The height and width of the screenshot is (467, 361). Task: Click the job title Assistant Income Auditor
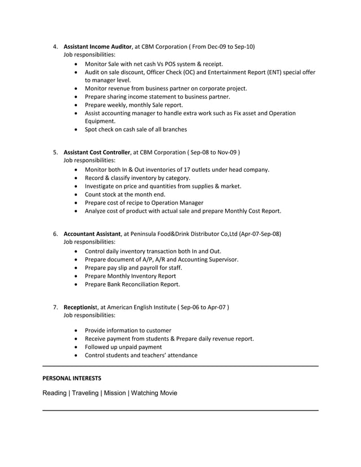click(x=97, y=46)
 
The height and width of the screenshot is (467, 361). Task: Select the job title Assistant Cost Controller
click(x=97, y=152)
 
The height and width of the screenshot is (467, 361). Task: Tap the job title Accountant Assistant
click(x=92, y=234)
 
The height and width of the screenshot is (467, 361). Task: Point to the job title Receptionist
click(x=81, y=307)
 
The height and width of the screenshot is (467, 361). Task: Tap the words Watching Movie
click(x=154, y=392)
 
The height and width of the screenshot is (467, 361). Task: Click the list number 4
click(x=55, y=46)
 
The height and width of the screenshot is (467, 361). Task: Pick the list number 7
click(x=55, y=307)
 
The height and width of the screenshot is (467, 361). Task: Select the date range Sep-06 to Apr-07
click(x=203, y=307)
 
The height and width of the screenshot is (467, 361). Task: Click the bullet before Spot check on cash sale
click(x=76, y=129)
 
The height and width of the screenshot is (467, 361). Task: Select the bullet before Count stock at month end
click(x=76, y=194)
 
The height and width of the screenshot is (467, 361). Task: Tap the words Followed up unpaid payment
click(x=123, y=347)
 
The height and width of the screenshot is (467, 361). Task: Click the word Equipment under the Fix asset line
click(x=100, y=121)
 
